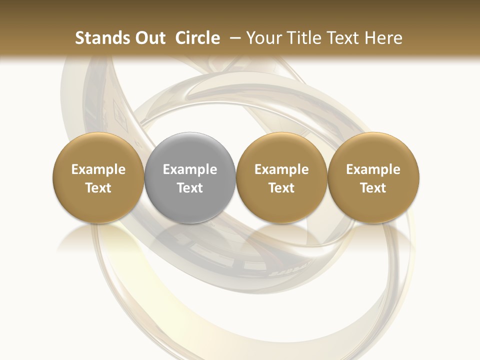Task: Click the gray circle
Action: pyautogui.click(x=190, y=178)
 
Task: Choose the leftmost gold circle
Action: pyautogui.click(x=98, y=178)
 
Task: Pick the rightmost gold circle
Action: pyautogui.click(x=373, y=178)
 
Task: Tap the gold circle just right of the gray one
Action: pyautogui.click(x=281, y=178)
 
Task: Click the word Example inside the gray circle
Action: pyautogui.click(x=190, y=169)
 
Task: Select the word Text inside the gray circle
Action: pyautogui.click(x=190, y=188)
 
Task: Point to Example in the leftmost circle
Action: pyautogui.click(x=98, y=169)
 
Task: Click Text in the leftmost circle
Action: pyautogui.click(x=98, y=188)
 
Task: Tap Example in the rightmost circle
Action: pyautogui.click(x=373, y=169)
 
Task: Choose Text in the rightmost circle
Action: pyautogui.click(x=373, y=188)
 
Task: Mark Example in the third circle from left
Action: pyautogui.click(x=281, y=169)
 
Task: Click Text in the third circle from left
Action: pyautogui.click(x=281, y=188)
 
